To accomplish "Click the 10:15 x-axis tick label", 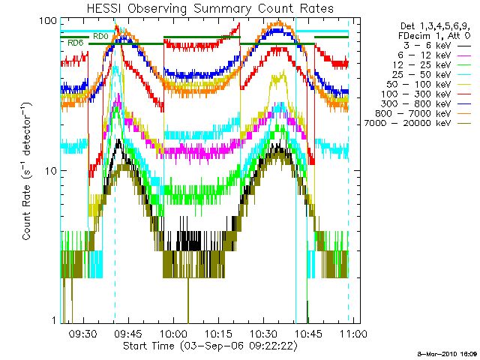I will (x=218, y=333).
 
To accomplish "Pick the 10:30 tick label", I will (x=263, y=333).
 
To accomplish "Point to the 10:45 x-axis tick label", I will (x=308, y=333).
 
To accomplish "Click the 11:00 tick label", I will (x=353, y=333).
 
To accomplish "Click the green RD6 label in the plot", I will (x=75, y=43).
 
